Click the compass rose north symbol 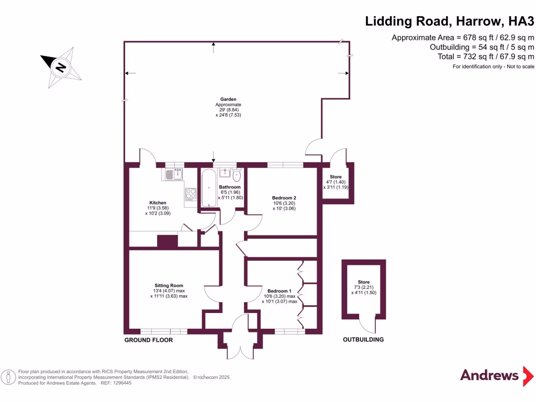61,67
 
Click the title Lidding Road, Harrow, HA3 450,21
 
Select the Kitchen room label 158,203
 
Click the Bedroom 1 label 278,291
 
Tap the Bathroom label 229,187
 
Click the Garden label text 228,99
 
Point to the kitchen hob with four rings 189,194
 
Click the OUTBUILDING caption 363,340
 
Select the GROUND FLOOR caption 148,340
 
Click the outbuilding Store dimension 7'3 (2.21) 364,287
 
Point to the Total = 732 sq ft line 485,57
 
